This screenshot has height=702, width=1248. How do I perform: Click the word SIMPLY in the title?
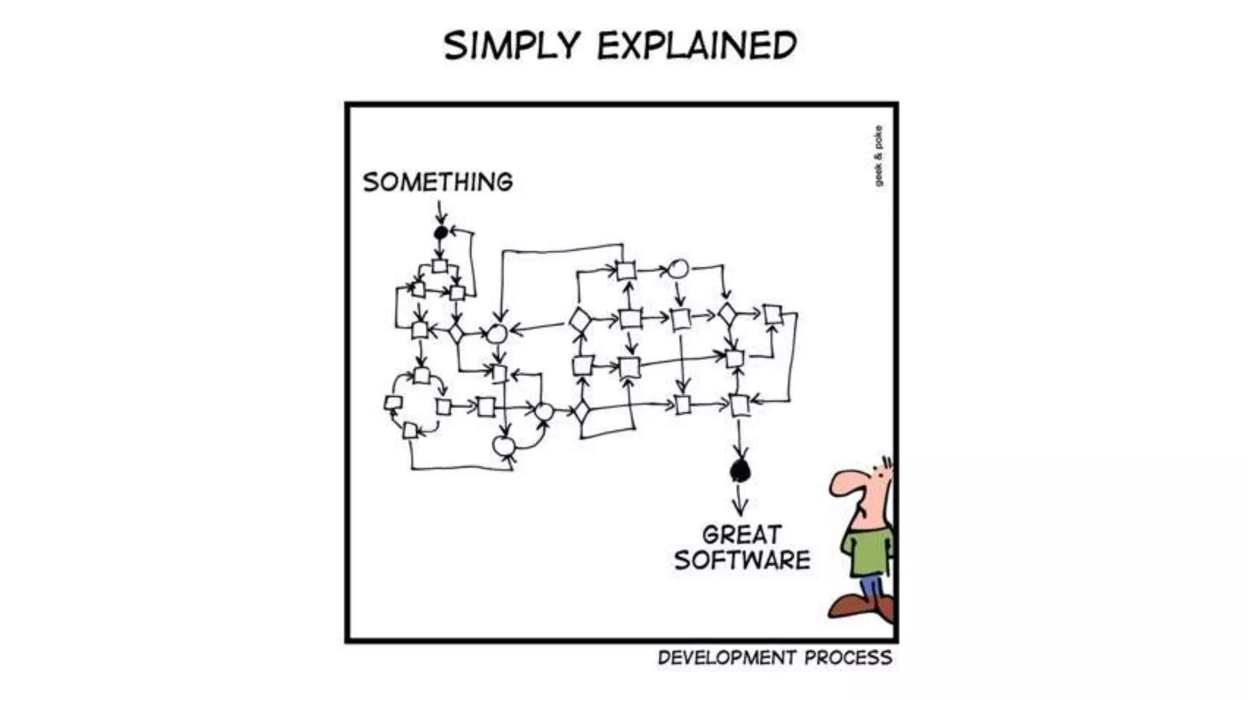click(511, 46)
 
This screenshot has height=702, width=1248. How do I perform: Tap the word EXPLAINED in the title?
click(697, 46)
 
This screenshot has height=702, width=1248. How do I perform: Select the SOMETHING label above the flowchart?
click(438, 182)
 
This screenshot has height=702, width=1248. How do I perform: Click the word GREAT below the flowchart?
click(742, 535)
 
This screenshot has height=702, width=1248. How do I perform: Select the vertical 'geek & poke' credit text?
click(878, 156)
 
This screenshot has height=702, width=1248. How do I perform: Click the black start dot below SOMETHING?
click(441, 232)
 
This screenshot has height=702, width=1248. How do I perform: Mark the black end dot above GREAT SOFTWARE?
click(740, 470)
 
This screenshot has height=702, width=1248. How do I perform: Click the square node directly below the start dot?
click(439, 266)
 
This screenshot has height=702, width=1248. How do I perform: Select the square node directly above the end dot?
click(739, 405)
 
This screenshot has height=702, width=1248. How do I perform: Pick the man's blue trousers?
click(872, 587)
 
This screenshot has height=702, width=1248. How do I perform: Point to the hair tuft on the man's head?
click(887, 463)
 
